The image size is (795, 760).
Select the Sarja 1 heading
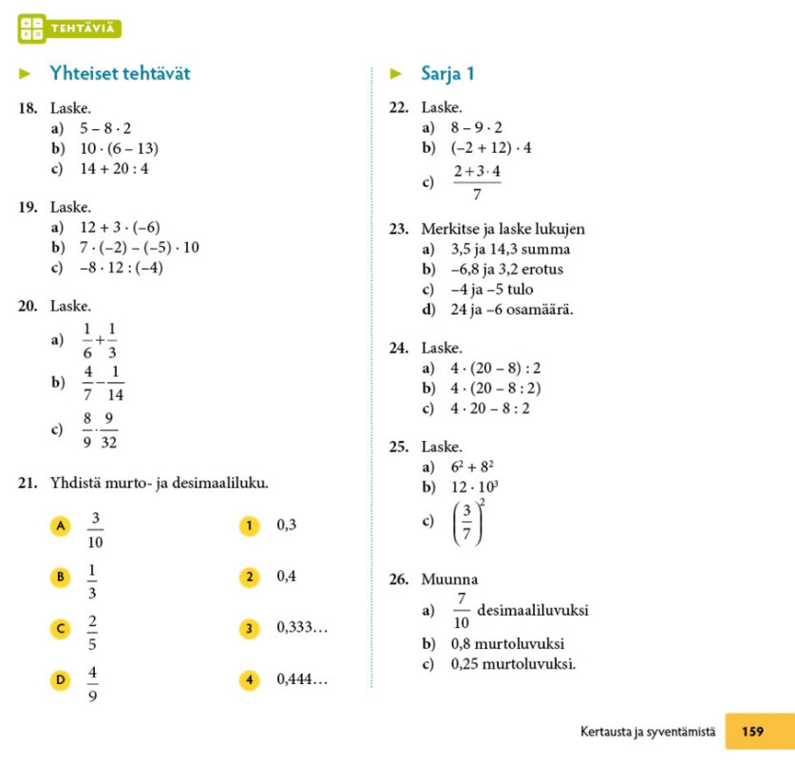coord(446,73)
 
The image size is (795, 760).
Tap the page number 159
coord(752,731)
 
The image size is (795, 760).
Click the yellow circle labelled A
coord(62,524)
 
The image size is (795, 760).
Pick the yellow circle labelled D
coord(62,679)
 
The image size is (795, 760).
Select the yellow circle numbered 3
coord(250,628)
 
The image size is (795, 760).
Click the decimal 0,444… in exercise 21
coord(302,679)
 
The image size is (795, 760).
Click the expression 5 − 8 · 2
coord(105,128)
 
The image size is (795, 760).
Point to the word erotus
coord(540,270)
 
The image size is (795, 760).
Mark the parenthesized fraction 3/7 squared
coord(470,522)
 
